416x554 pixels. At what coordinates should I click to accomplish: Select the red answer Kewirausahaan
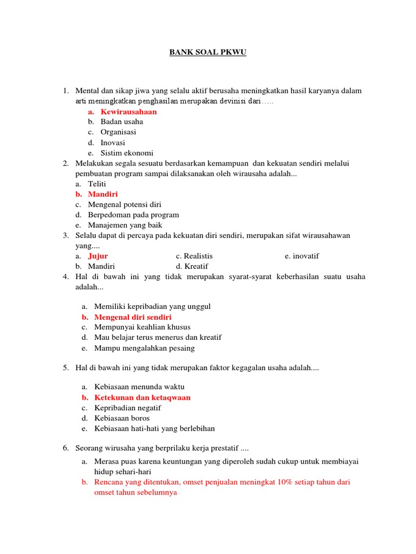click(x=128, y=111)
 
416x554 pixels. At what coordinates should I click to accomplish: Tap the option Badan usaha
click(x=121, y=122)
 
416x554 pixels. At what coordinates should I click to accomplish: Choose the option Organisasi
click(x=118, y=132)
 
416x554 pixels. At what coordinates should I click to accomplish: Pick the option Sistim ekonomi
click(x=127, y=153)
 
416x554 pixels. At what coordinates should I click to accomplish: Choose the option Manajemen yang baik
click(x=125, y=225)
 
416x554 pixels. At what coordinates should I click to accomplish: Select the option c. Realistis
click(x=194, y=256)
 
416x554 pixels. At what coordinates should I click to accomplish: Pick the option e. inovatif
click(x=302, y=256)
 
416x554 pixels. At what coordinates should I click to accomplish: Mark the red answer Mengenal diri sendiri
click(x=133, y=317)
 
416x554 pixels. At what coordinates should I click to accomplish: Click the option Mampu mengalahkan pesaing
click(x=144, y=348)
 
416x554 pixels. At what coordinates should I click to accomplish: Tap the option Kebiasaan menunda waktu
click(x=139, y=387)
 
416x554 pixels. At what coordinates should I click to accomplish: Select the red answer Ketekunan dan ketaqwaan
click(x=142, y=397)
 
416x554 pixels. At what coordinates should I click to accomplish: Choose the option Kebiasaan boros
click(x=122, y=418)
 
